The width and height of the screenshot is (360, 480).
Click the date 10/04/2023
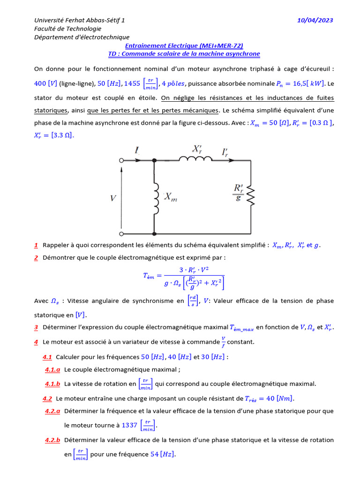pyautogui.click(x=315, y=20)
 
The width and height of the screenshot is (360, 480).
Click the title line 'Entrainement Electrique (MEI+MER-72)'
pyautogui.click(x=184, y=46)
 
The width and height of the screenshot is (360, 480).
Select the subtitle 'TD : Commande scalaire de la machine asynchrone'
pyautogui.click(x=184, y=54)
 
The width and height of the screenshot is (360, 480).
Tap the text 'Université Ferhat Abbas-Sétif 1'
pyautogui.click(x=79, y=20)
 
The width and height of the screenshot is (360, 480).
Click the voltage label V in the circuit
pyautogui.click(x=112, y=198)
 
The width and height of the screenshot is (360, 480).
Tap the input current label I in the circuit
pyautogui.click(x=137, y=150)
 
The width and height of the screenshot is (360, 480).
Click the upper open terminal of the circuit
pyautogui.click(x=121, y=160)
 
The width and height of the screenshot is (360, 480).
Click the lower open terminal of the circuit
pyautogui.click(x=121, y=233)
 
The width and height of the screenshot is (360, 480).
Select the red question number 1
pyautogui.click(x=36, y=245)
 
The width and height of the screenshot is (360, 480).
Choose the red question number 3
pyautogui.click(x=36, y=327)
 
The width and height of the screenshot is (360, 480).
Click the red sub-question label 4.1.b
pyautogui.click(x=52, y=384)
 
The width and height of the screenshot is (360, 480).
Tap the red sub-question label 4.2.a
pyautogui.click(x=52, y=411)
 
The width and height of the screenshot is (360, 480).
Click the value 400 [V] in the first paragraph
pyautogui.click(x=45, y=83)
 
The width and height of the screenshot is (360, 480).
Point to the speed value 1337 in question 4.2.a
pyautogui.click(x=129, y=425)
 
